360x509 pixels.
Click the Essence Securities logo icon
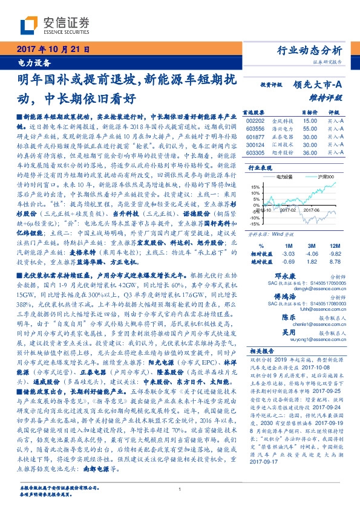point(29,24)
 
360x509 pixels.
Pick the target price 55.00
point(310,129)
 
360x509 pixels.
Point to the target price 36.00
point(310,153)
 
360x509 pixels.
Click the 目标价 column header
point(309,112)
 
